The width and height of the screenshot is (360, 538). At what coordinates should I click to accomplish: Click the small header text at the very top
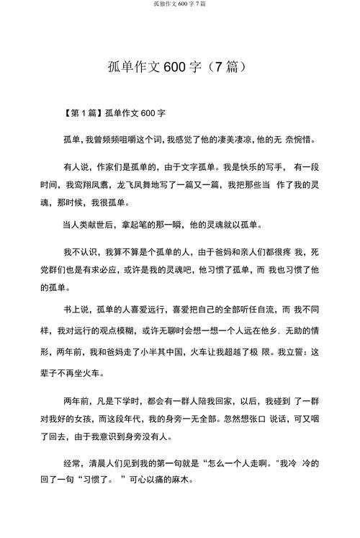[179, 4]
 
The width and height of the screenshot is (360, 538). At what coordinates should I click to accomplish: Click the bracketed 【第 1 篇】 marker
[82, 113]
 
